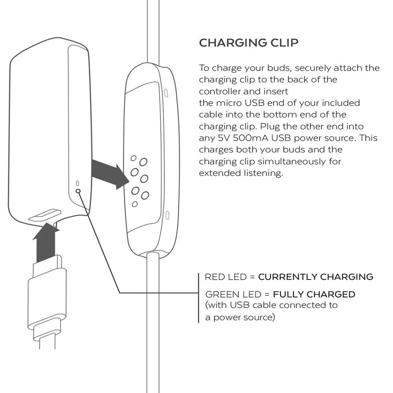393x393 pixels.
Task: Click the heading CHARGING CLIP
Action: coord(248,43)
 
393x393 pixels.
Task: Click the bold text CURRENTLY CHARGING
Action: coord(316,277)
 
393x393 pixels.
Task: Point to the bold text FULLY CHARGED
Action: coord(314,294)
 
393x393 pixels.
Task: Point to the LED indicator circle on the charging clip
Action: coord(78,191)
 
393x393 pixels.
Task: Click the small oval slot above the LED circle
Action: coord(77,183)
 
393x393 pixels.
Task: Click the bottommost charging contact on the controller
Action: coord(135,204)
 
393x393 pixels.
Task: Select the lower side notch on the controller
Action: coord(168,215)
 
